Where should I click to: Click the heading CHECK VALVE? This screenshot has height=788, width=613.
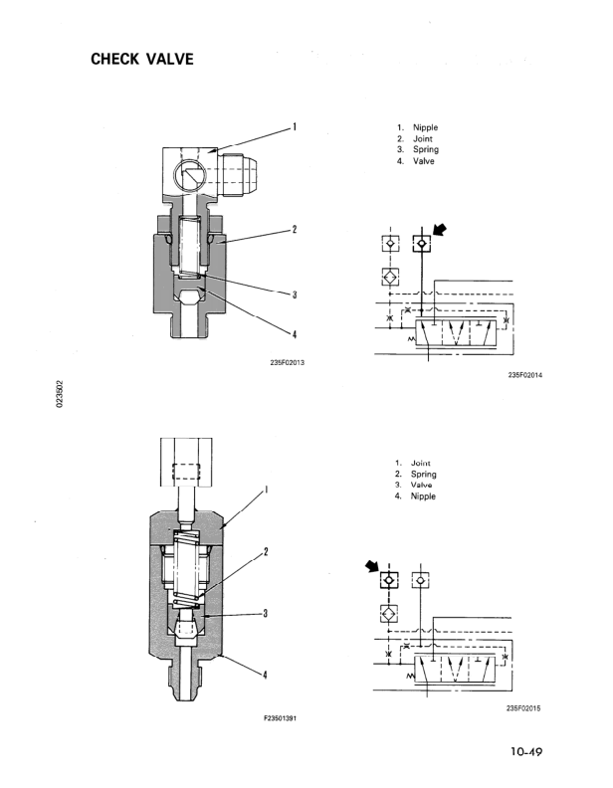coord(142,59)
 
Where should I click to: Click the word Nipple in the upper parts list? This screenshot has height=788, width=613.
coord(425,127)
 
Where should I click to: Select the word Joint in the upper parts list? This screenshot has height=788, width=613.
coord(423,138)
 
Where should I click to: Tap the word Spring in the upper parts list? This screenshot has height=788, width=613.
coord(426,150)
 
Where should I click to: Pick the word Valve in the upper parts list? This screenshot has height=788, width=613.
coord(424,161)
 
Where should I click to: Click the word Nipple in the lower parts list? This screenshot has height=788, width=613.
coord(423,496)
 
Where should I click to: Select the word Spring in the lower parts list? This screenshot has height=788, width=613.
coord(424,475)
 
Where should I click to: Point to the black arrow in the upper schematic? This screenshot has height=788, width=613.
coord(439,230)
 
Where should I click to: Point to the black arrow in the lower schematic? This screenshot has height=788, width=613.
coord(372,566)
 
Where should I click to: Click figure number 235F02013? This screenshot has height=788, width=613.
coord(287,363)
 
